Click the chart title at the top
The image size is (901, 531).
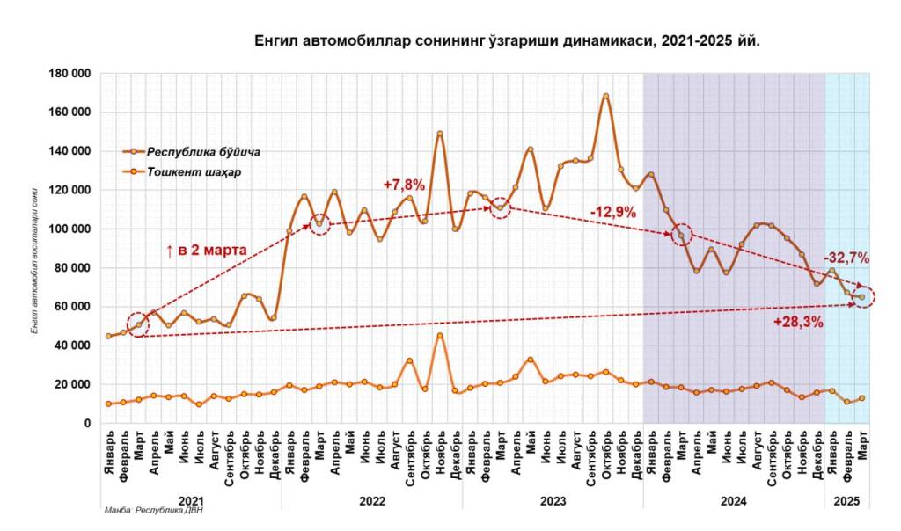507,40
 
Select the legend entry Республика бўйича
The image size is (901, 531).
202,151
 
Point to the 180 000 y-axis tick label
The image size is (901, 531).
70,74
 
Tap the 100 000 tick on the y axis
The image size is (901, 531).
70,229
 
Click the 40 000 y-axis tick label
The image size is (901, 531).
72,346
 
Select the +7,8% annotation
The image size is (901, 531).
404,185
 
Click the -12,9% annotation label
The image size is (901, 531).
613,212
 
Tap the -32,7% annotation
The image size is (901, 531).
846,258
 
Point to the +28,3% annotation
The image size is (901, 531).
798,323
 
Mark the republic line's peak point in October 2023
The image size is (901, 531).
605,96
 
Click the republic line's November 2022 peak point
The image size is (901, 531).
440,134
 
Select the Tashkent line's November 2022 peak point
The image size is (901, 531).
440,336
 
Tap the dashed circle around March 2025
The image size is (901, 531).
862,297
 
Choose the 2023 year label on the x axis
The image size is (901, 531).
553,500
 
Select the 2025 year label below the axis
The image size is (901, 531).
846,500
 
